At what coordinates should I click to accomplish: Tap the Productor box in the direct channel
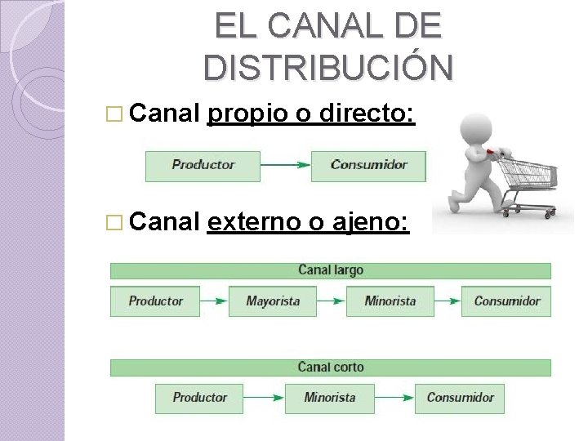click(203, 165)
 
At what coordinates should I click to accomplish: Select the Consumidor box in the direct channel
click(369, 165)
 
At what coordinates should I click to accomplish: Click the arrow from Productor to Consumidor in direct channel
click(286, 165)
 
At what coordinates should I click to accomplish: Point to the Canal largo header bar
click(331, 270)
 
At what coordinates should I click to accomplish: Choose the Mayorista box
click(273, 301)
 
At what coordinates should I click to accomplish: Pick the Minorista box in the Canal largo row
click(390, 301)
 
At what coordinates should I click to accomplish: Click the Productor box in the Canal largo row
click(156, 301)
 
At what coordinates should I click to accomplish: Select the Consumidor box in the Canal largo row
click(506, 301)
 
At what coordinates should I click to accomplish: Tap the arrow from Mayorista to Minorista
click(332, 301)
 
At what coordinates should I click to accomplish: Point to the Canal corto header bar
click(331, 367)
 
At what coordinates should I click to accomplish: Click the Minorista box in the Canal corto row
click(330, 398)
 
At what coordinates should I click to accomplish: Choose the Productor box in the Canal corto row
click(200, 398)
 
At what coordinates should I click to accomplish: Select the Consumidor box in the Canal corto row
click(460, 398)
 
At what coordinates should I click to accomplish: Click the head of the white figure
click(478, 127)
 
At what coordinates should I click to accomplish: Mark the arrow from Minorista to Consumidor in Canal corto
click(394, 398)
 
